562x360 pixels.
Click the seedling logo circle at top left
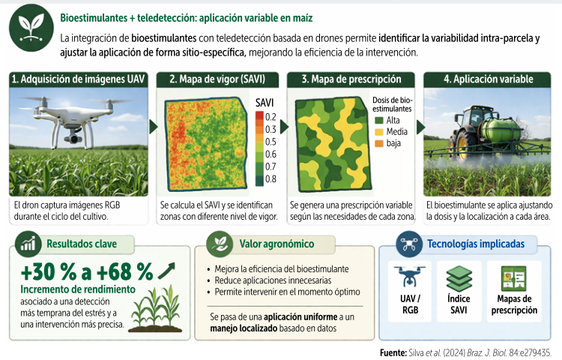(31, 28)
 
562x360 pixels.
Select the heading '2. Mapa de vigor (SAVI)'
(217, 79)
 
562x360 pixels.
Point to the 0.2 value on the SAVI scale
(271, 117)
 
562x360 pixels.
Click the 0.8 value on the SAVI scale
(271, 178)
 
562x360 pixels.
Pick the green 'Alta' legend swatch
(379, 120)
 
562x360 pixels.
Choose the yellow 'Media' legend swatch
(379, 131)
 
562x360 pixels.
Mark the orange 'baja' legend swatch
(379, 143)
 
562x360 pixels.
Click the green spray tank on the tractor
(501, 129)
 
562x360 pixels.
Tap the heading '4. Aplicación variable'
(488, 79)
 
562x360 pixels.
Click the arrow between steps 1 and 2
(153, 127)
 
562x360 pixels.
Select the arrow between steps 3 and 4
(420, 127)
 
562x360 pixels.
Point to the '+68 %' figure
(124, 271)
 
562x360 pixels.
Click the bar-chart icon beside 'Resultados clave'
(28, 244)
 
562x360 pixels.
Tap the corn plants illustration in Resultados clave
(156, 308)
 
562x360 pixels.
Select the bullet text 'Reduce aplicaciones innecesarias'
(273, 280)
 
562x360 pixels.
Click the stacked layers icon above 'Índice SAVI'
(459, 278)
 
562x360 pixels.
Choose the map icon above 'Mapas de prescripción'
(514, 278)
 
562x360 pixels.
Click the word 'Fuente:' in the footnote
(393, 352)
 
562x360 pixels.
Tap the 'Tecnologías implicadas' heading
(476, 244)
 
